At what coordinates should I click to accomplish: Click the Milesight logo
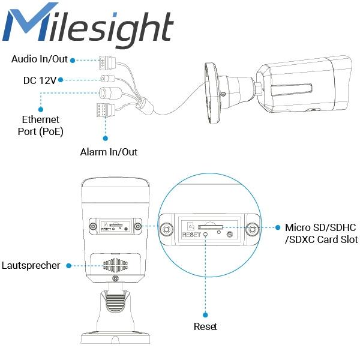88,25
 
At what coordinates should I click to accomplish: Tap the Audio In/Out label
40,59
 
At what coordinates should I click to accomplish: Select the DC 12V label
40,80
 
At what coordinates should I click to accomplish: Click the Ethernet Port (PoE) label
40,125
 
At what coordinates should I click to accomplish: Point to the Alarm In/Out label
109,152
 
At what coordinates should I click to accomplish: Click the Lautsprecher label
31,265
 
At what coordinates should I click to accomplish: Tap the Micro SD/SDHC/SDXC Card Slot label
321,233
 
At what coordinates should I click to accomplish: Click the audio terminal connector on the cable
107,62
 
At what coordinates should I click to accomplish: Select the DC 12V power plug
108,79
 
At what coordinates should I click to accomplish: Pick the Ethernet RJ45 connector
110,93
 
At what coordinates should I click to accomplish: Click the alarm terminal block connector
106,110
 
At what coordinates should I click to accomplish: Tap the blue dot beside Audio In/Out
73,61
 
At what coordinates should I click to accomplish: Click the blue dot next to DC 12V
61,80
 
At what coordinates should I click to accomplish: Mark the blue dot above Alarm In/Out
106,138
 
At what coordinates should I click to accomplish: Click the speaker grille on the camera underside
115,265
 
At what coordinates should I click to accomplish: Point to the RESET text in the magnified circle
191,235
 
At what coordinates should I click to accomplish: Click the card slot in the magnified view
211,227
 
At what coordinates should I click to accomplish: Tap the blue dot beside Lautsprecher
68,266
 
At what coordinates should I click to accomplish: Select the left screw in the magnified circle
166,229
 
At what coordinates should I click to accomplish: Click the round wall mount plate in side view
212,93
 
